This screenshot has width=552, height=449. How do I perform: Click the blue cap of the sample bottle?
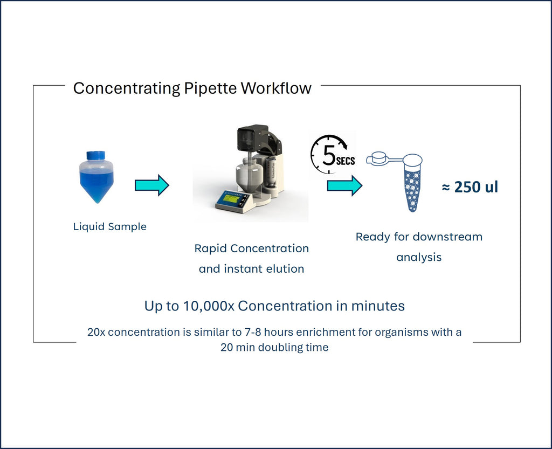coord(96,156)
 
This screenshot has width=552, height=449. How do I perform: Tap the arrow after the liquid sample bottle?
coord(151,185)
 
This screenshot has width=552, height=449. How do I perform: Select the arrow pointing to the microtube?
coord(344,185)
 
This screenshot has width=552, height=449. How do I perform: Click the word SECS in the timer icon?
coord(346,161)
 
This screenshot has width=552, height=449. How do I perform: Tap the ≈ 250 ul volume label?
coord(470,187)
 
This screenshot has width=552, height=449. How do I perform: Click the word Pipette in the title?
coord(211,88)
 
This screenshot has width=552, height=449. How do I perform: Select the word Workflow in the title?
coord(276,88)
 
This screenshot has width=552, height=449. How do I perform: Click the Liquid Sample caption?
coord(109,227)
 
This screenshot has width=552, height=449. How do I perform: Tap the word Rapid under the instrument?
coord(211,248)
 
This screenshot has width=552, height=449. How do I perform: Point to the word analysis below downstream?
coord(419,257)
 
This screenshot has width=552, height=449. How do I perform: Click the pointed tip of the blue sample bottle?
coord(96,200)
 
